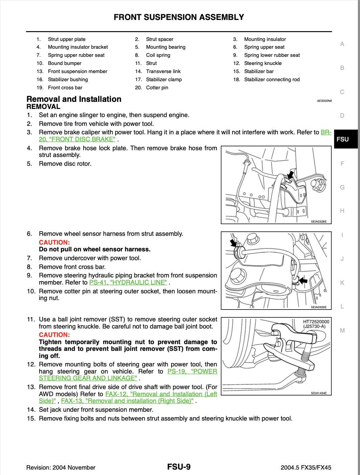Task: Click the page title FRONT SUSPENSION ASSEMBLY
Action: coord(179,17)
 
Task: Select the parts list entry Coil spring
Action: coord(158,55)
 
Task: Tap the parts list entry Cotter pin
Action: coord(157,88)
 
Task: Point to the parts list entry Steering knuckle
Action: coord(263,63)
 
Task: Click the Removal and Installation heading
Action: coord(74,99)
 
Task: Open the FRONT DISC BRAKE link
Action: coord(77,139)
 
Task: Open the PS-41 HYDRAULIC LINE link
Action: coord(128,282)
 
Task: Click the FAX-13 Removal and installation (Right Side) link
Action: coord(127,401)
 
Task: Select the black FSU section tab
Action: coord(342,139)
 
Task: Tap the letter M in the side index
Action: coord(342,331)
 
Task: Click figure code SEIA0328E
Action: coord(319,222)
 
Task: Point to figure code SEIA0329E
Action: coord(319,307)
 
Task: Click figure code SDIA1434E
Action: coord(319,393)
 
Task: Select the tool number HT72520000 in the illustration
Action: coord(316,321)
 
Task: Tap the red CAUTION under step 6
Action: coord(54,242)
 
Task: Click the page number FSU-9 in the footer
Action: coord(179,467)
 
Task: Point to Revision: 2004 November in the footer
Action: coord(61,468)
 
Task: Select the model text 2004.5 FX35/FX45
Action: coord(306,468)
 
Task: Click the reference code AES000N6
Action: coord(324,101)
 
